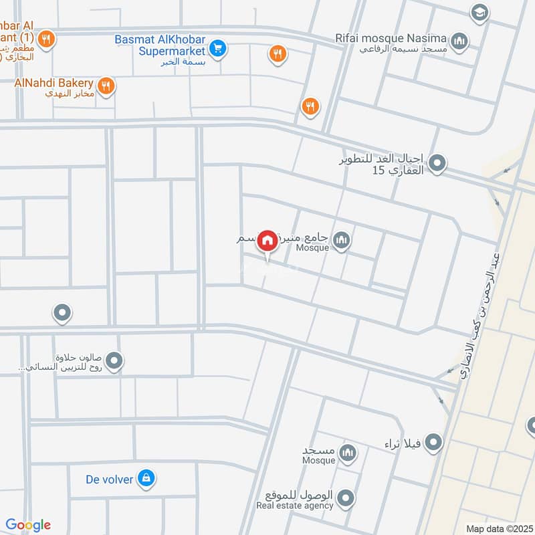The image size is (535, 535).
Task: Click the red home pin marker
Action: pyautogui.click(x=267, y=240)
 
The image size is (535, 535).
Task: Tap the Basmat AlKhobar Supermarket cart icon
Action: pyautogui.click(x=217, y=47)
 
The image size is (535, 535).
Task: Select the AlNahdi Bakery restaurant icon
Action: pyautogui.click(x=105, y=86)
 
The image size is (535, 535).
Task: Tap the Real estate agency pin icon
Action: pyautogui.click(x=345, y=498)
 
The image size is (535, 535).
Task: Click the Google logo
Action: pyautogui.click(x=28, y=525)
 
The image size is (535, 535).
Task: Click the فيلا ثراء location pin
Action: pyautogui.click(x=434, y=441)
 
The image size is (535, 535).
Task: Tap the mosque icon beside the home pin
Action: pyautogui.click(x=342, y=239)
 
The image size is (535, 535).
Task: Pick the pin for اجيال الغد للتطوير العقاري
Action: pyautogui.click(x=437, y=163)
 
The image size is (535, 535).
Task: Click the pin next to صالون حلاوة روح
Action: pyautogui.click(x=114, y=362)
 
